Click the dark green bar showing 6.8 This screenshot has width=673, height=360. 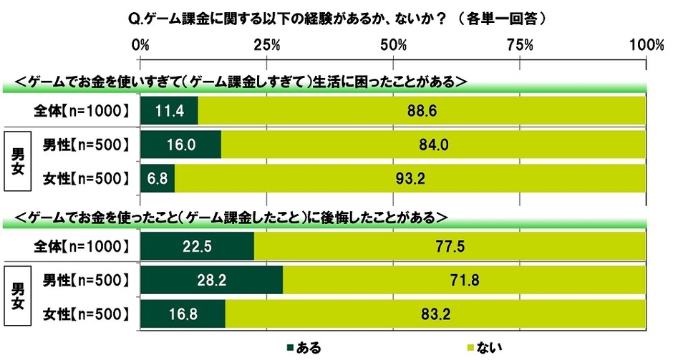[x=158, y=178]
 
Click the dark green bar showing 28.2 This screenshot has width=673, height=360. [x=212, y=281]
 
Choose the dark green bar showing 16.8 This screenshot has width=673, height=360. [x=183, y=313]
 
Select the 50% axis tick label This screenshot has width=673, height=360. [x=394, y=45]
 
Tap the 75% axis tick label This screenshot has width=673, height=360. [x=521, y=45]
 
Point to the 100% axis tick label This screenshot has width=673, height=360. [x=647, y=45]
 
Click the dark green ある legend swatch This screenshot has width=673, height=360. [x=290, y=348]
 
